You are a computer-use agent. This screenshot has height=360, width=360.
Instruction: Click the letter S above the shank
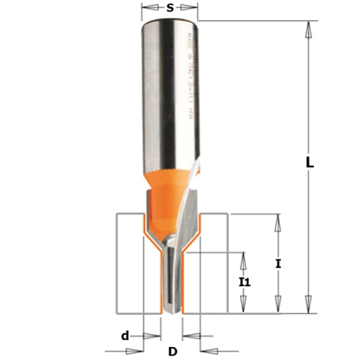[169, 7]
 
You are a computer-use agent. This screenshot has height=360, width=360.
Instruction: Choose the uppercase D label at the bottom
[173, 350]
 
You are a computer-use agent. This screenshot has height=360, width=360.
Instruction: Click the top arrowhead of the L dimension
[307, 29]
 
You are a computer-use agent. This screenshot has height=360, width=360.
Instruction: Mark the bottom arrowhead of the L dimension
[307, 305]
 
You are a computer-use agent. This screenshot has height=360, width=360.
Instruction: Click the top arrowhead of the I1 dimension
[243, 258]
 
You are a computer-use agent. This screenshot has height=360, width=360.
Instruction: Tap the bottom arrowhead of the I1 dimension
[243, 306]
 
